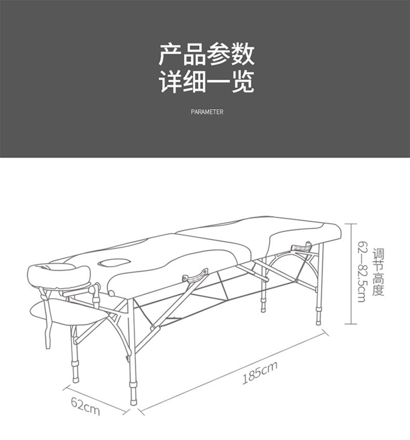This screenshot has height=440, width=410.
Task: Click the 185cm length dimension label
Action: click(x=259, y=372)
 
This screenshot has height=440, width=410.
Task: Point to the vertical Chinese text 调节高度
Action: click(x=378, y=272)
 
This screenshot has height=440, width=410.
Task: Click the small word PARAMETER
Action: click(x=207, y=112)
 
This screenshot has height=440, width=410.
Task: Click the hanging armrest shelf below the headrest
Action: click(x=62, y=314)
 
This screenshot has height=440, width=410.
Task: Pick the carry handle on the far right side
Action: click(x=303, y=248)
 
